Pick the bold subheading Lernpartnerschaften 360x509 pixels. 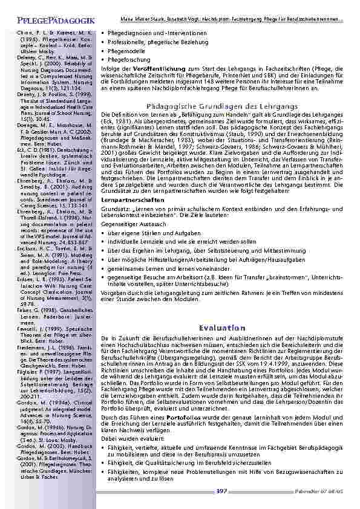(x=132, y=199)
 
